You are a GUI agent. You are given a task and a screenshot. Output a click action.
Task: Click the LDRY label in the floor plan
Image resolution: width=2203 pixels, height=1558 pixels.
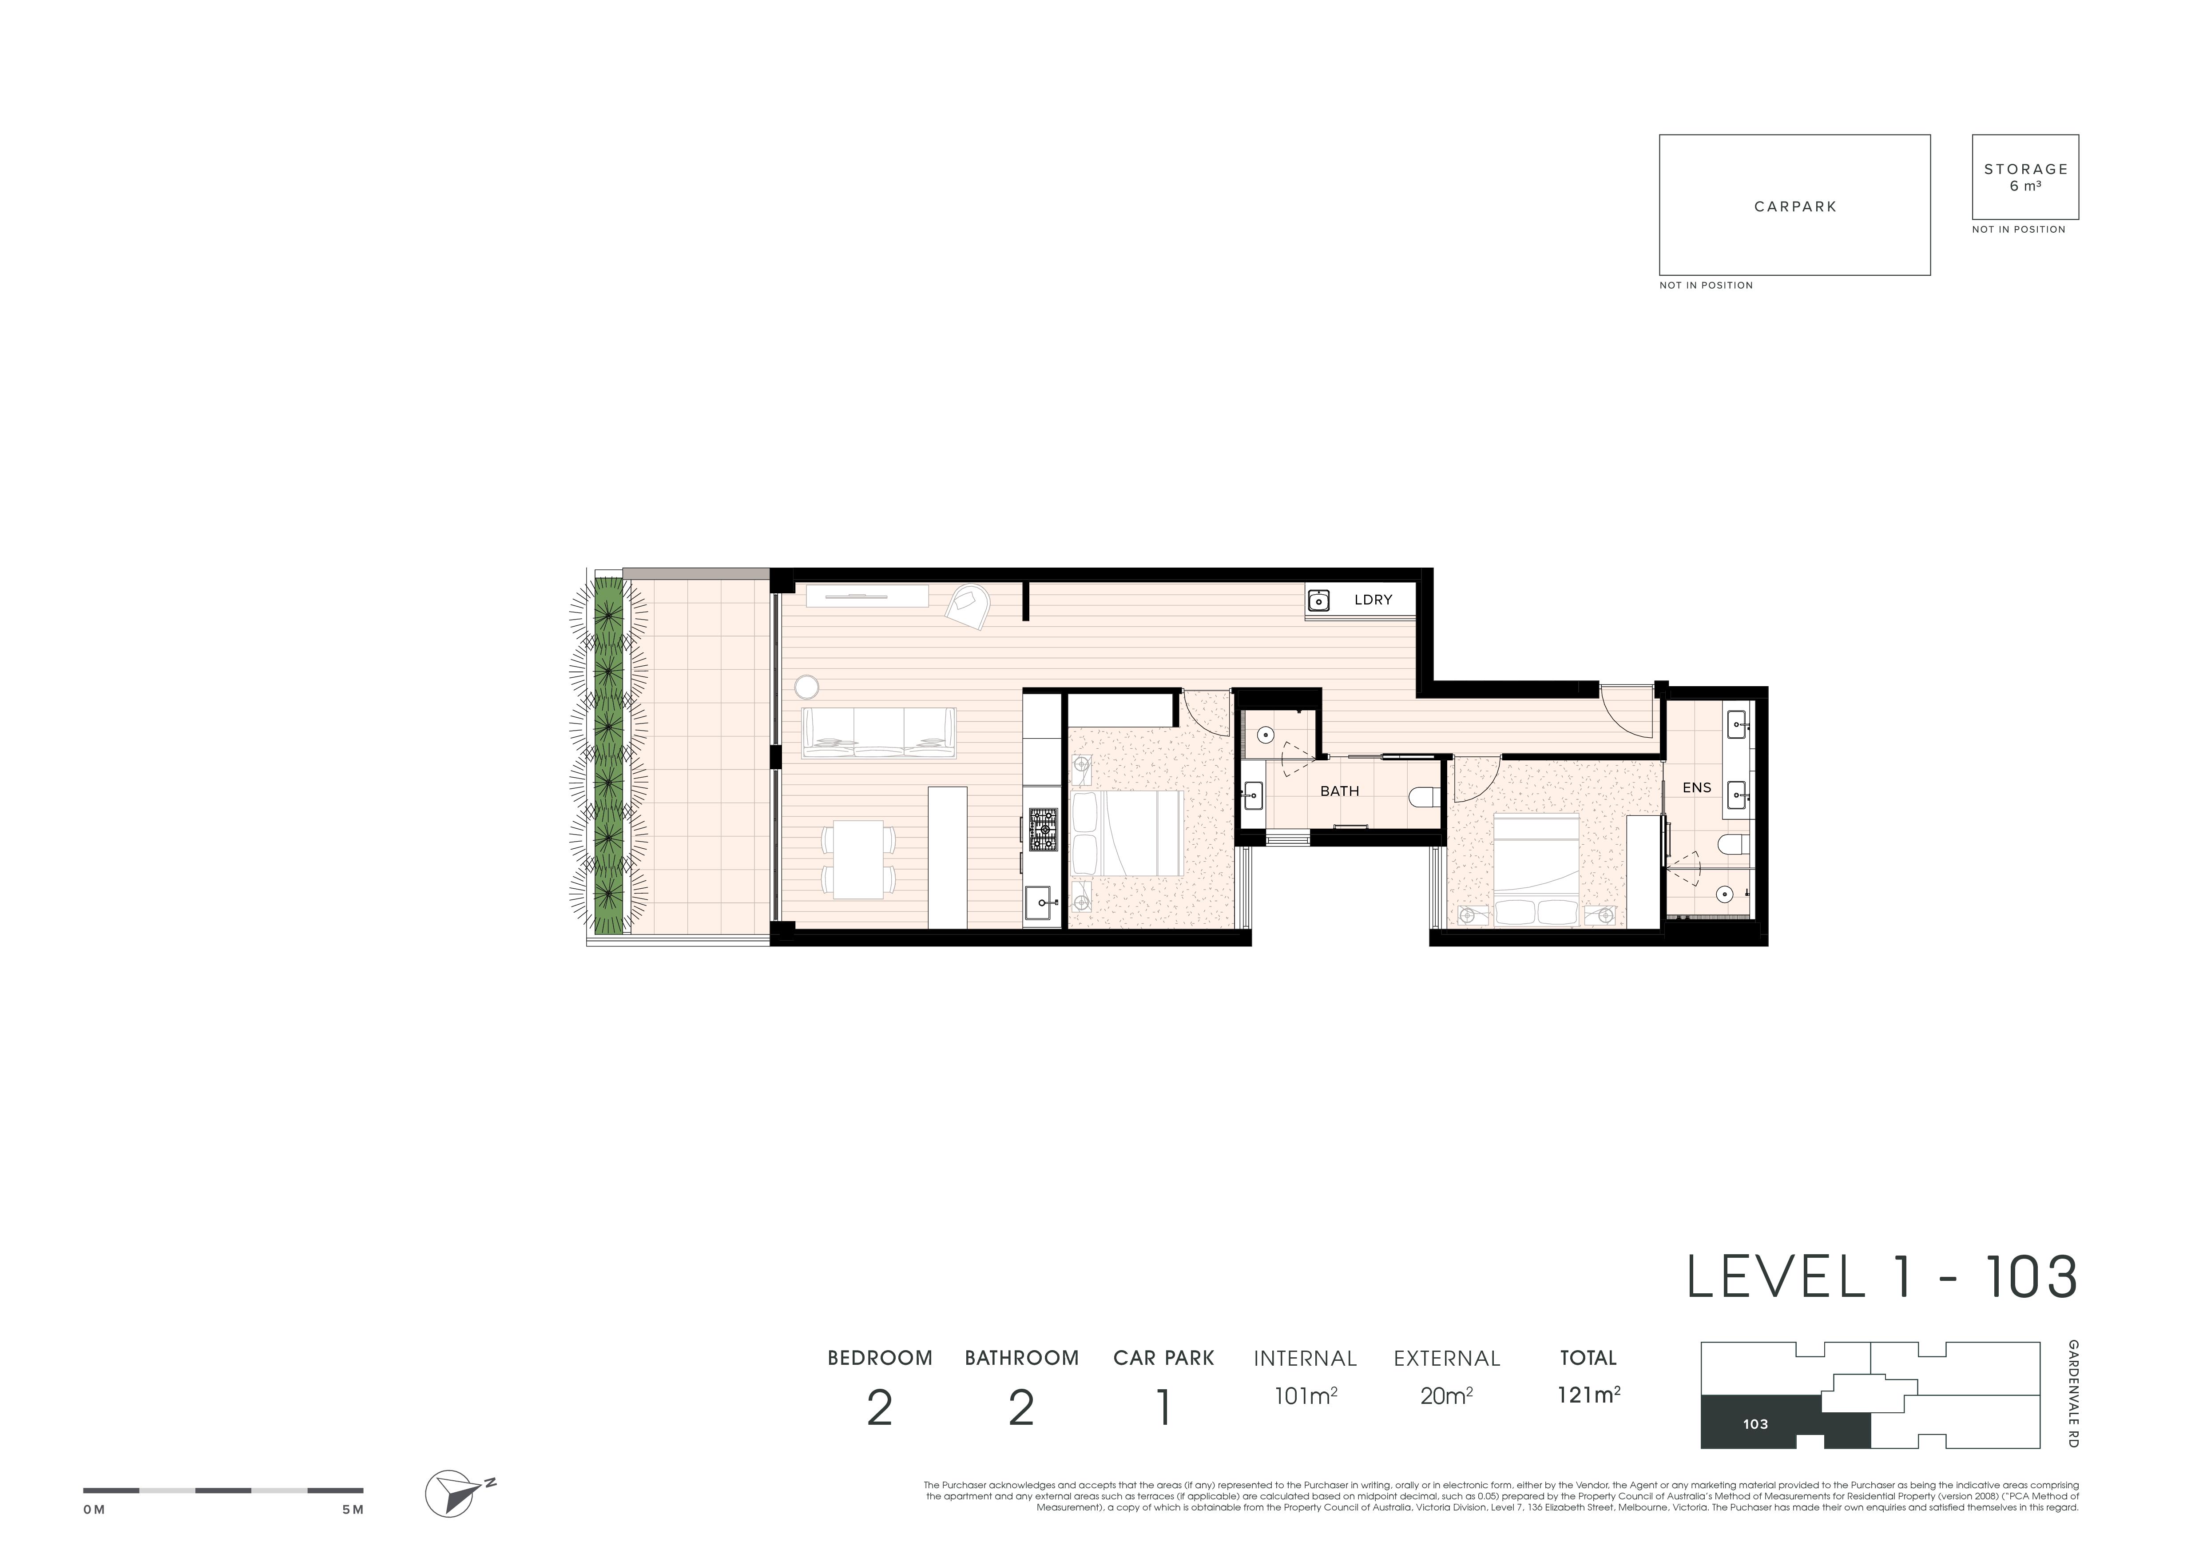tap(1373, 600)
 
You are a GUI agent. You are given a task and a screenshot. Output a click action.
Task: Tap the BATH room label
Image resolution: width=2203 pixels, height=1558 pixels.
tap(1339, 791)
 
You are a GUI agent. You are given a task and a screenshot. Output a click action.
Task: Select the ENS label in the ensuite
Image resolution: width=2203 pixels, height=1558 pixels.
tap(1696, 787)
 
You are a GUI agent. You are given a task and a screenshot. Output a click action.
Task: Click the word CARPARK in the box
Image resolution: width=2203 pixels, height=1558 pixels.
tap(1795, 206)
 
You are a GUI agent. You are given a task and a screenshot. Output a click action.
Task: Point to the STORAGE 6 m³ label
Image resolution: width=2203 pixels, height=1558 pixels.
tap(2025, 176)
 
